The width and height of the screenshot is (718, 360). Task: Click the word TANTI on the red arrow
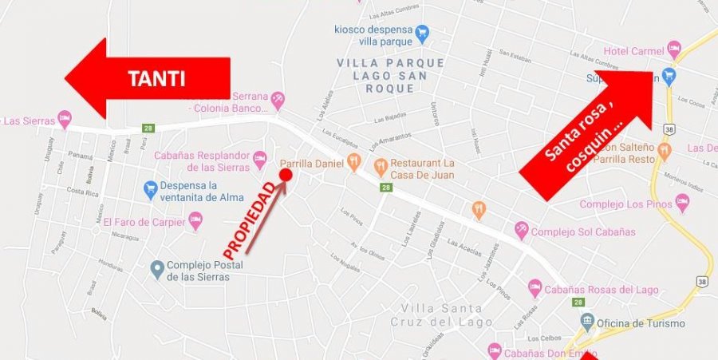pos(156,79)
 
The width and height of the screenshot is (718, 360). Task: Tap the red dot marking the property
pos(286,174)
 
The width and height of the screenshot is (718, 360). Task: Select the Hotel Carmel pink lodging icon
pos(674,49)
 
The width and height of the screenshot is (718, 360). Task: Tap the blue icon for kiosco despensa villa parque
pos(423,34)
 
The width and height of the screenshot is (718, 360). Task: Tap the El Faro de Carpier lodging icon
pos(195,220)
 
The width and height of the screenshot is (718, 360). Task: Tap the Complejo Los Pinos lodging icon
pos(681,204)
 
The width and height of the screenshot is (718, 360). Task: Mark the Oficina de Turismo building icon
pos(588,322)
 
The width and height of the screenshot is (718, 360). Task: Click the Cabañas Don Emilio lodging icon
pos(494,350)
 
